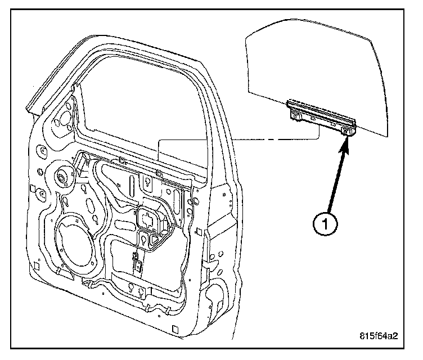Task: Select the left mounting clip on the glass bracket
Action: click(x=294, y=115)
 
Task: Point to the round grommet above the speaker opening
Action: click(x=60, y=177)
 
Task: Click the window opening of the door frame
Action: click(x=146, y=107)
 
